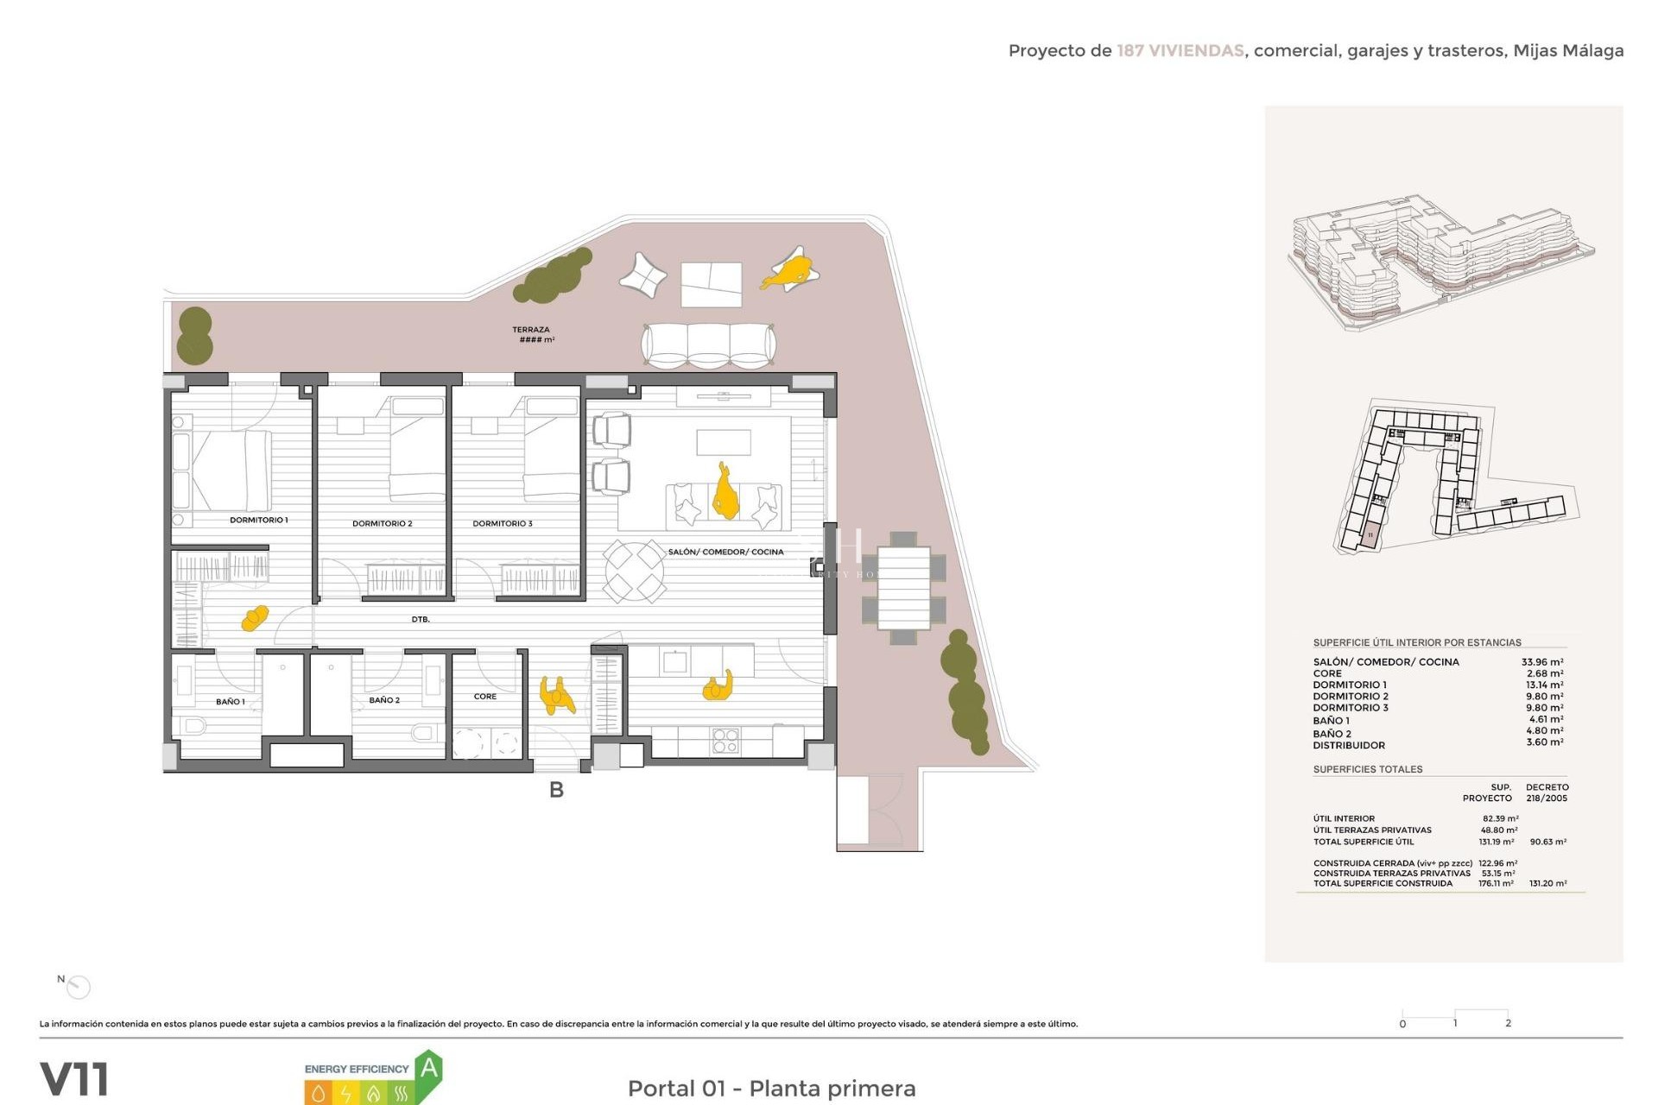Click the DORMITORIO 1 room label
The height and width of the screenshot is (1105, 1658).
click(x=258, y=520)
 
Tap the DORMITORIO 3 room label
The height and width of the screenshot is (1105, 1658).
click(x=502, y=523)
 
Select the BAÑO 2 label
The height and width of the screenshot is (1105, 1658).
click(x=384, y=700)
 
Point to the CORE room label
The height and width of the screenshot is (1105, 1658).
click(x=484, y=697)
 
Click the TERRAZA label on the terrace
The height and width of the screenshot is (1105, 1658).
click(x=530, y=330)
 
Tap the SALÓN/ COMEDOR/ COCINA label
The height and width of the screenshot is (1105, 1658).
click(x=725, y=552)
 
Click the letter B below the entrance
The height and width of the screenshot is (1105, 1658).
click(x=556, y=790)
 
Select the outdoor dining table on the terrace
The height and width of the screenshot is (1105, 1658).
click(x=903, y=588)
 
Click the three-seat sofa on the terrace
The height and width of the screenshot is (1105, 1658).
click(x=707, y=346)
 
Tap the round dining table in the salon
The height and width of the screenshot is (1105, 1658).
click(x=634, y=571)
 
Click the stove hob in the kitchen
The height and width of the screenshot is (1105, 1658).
click(x=725, y=741)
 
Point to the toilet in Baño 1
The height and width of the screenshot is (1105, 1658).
click(x=193, y=725)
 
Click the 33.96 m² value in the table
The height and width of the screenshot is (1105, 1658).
click(x=1541, y=662)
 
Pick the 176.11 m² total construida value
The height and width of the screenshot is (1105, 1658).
click(x=1496, y=883)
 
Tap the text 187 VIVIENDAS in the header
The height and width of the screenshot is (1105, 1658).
click(x=1180, y=51)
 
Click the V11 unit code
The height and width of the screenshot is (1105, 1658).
click(x=74, y=1079)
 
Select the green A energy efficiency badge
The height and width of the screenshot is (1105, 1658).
click(x=428, y=1070)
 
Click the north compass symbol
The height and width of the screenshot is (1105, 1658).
click(x=79, y=986)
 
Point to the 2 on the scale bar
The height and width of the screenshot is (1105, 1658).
click(x=1508, y=1023)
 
